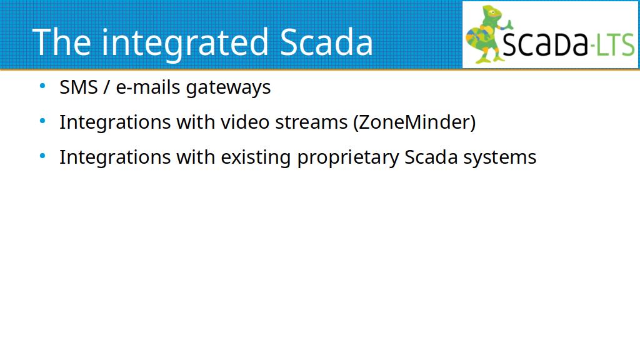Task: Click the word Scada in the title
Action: pyautogui.click(x=326, y=42)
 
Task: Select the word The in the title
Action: pyautogui.click(x=61, y=42)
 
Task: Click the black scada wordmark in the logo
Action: pyautogui.click(x=545, y=43)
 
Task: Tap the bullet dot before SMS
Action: pyautogui.click(x=42, y=86)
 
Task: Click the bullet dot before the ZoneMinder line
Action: pyautogui.click(x=42, y=121)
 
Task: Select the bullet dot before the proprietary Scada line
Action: pyautogui.click(x=42, y=156)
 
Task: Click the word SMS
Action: pyautogui.click(x=79, y=87)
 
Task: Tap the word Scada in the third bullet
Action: pyautogui.click(x=431, y=157)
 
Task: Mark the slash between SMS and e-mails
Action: pyautogui.click(x=107, y=87)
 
